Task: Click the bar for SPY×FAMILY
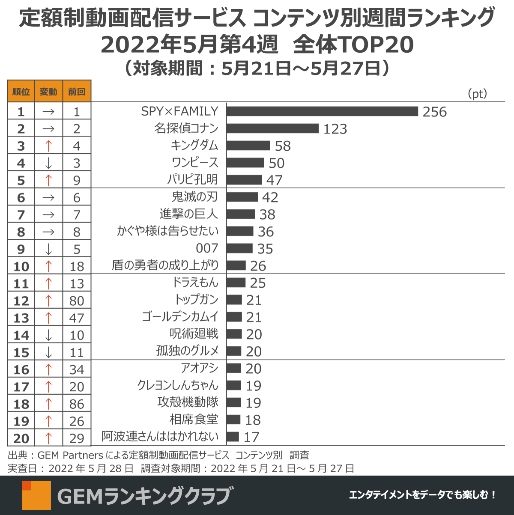[x=322, y=111]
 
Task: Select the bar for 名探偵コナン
[x=272, y=128]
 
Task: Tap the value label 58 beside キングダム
[x=283, y=146]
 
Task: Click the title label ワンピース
[x=195, y=163]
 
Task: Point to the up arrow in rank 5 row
[x=48, y=180]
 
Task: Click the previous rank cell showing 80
[x=77, y=301]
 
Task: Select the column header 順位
[x=21, y=92]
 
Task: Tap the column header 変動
[x=48, y=92]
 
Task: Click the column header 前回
[x=77, y=92]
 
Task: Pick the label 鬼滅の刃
[x=195, y=197]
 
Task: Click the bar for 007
[x=239, y=248]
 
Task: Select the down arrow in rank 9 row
[x=48, y=249]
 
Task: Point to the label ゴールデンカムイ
[x=180, y=317]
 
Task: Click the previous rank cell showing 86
[x=77, y=404]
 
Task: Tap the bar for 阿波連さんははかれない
[x=233, y=437]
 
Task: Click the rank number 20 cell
[x=21, y=438]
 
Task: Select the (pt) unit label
[x=478, y=94]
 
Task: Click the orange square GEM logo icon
[x=36, y=495]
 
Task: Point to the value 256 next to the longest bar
[x=434, y=112]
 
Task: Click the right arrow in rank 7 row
[x=48, y=215]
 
